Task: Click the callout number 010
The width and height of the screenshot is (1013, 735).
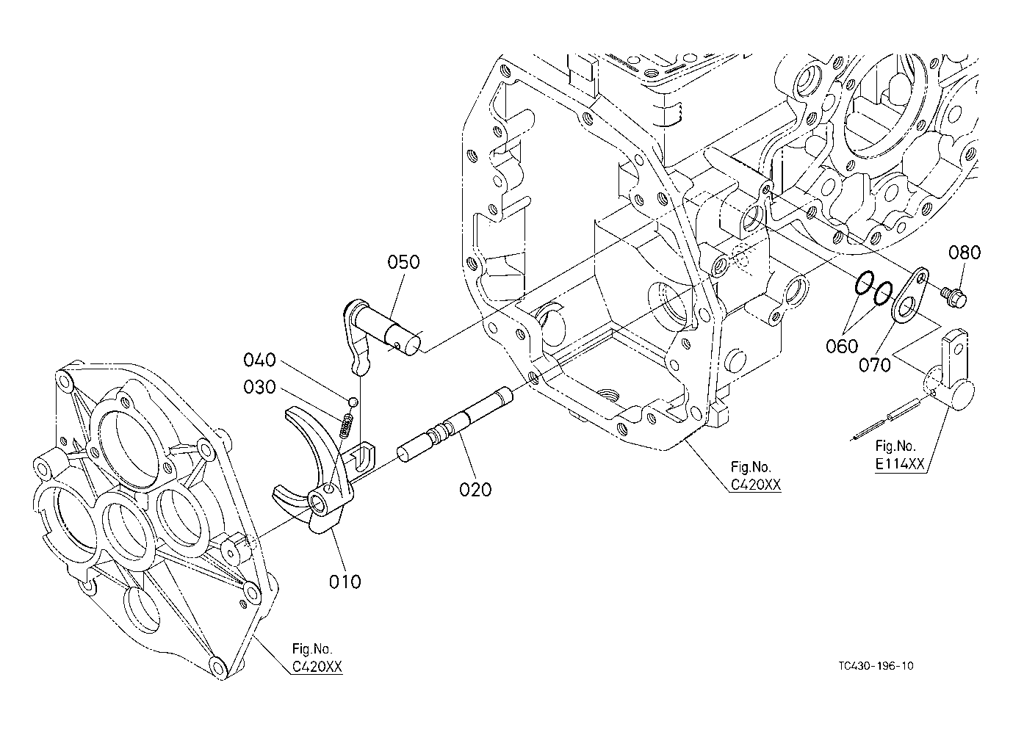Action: click(x=345, y=582)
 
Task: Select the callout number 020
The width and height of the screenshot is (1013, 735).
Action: click(x=475, y=490)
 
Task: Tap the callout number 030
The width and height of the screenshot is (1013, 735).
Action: click(x=259, y=387)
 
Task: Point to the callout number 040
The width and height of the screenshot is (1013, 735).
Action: click(x=259, y=360)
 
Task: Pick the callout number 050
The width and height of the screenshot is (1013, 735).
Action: click(x=403, y=262)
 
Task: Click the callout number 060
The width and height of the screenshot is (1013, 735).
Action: click(x=842, y=347)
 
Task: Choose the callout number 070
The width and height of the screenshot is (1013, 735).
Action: click(x=875, y=365)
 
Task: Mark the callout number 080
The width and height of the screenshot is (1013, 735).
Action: click(x=965, y=253)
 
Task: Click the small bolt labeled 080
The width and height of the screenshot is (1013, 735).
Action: click(x=954, y=297)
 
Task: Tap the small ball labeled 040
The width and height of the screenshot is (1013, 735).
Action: click(x=353, y=402)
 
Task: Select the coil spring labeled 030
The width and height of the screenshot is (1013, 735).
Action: click(x=347, y=426)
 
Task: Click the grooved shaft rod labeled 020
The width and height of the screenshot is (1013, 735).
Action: click(x=455, y=425)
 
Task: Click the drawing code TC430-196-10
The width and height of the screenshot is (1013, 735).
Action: click(x=876, y=666)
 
